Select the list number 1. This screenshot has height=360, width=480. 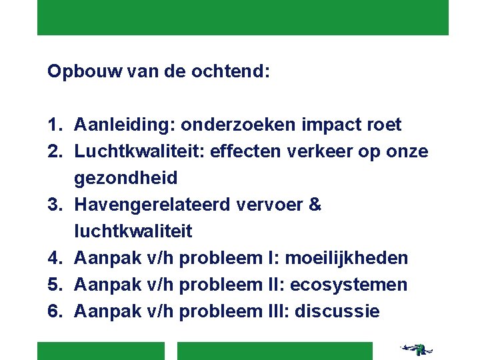pos(55,125)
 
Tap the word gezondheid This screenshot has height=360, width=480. pos(126,178)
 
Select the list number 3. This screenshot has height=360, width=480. pos(55,205)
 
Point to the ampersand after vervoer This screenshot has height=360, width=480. pos(315,205)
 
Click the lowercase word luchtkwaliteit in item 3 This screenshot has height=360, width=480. pos(133,231)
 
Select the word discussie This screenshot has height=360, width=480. pos(337,311)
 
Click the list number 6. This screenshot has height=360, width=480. pos(55,311)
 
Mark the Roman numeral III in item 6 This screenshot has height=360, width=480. pos(278,311)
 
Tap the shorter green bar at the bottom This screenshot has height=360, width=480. pos(100,351)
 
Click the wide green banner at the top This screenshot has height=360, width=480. pos(243,17)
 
